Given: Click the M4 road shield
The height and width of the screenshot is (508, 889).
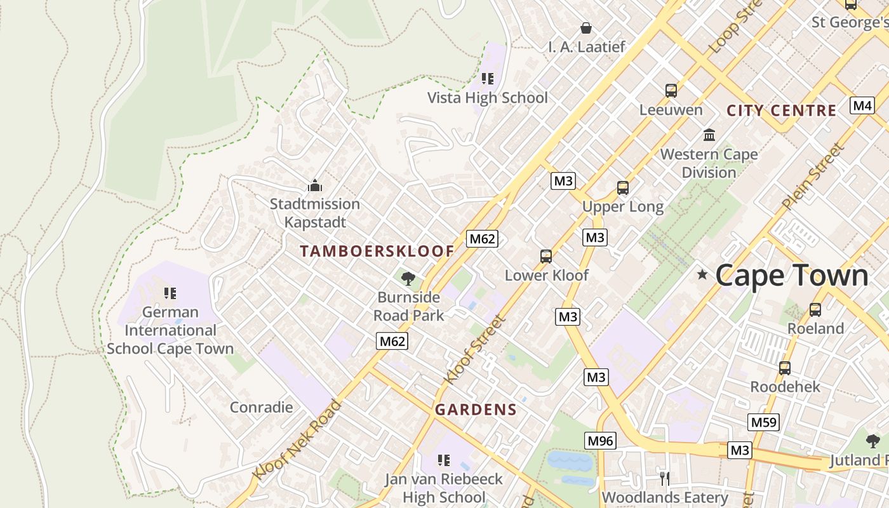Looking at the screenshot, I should click(x=862, y=105).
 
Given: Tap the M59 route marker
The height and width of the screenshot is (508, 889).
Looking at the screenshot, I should click(x=763, y=422).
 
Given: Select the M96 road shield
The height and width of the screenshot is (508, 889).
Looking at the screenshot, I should click(x=600, y=440).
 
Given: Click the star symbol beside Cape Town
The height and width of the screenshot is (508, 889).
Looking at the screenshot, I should click(x=702, y=274).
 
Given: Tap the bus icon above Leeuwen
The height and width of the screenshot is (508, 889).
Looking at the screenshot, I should click(x=671, y=91).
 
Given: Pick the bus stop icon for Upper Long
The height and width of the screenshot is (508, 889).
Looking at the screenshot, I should click(x=623, y=188).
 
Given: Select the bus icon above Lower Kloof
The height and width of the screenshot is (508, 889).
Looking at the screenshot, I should click(x=546, y=257).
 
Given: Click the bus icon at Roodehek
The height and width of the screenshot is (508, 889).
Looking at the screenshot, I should click(x=785, y=368).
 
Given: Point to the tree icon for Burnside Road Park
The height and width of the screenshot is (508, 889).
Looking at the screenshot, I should click(x=408, y=278).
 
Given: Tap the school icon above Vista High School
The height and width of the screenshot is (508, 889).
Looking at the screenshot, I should click(x=488, y=79).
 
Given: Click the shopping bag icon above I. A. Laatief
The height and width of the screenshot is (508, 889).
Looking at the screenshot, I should click(x=586, y=28).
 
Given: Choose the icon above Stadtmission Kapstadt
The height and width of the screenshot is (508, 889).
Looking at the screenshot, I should click(x=315, y=185).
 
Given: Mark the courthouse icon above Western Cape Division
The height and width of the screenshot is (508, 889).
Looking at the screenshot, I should click(x=709, y=135).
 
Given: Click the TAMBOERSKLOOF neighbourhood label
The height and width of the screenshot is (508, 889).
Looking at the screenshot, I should click(x=377, y=251).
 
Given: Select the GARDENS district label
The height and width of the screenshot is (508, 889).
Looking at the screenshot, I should click(x=476, y=410).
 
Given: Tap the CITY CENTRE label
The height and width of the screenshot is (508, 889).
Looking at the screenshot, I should click(x=781, y=110).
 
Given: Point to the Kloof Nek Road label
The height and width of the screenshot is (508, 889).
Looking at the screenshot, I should click(x=297, y=439).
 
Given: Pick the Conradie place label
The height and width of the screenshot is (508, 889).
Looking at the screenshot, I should click(x=261, y=407).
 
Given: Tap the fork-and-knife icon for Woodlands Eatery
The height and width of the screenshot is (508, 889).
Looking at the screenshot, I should click(x=665, y=478).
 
